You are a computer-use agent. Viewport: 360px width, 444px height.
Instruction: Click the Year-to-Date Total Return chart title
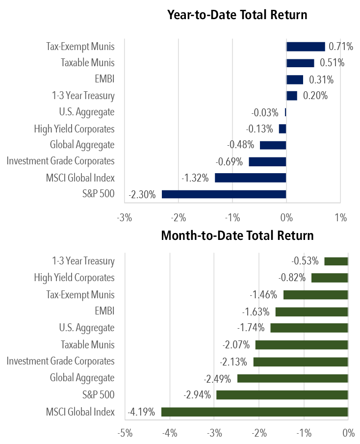[x=237, y=15]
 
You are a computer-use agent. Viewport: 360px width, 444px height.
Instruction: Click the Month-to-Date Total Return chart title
[x=237, y=235]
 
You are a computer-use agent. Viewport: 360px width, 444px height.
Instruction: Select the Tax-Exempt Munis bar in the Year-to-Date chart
[x=306, y=47]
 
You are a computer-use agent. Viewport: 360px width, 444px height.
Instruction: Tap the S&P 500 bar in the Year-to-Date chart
[x=224, y=194]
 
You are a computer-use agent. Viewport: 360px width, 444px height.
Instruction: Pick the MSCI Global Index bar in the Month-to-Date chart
[x=255, y=412]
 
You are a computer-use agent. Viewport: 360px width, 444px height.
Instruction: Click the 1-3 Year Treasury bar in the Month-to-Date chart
[x=336, y=261]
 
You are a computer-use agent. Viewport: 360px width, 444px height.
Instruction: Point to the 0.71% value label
[x=341, y=47]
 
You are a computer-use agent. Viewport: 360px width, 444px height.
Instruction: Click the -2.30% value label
[x=142, y=194]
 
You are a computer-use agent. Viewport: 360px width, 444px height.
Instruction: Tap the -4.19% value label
[x=142, y=412]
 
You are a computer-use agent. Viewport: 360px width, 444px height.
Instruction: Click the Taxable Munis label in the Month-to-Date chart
[x=88, y=344]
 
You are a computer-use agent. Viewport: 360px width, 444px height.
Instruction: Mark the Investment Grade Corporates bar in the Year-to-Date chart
[x=267, y=161]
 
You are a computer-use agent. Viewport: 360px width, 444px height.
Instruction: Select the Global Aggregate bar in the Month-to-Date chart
[x=292, y=378]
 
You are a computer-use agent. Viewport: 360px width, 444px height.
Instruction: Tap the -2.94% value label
[x=197, y=395]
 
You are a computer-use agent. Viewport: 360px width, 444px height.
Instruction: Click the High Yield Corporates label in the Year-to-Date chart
[x=74, y=129]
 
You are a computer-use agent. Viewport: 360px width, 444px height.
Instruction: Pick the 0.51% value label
[x=332, y=63]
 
